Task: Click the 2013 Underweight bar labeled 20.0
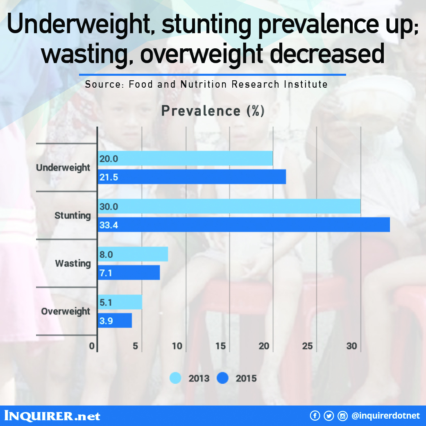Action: [x=185, y=158]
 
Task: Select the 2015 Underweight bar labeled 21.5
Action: [x=192, y=177]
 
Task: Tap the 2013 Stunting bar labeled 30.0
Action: [x=229, y=206]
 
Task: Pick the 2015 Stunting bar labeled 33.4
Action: [x=244, y=225]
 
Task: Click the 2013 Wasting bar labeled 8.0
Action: [x=133, y=254]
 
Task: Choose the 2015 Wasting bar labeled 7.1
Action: [x=129, y=272]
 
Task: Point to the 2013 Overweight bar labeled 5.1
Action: [x=120, y=302]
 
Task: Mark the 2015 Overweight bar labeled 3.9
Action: [x=115, y=321]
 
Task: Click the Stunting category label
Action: [x=73, y=215]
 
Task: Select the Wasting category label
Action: [x=73, y=263]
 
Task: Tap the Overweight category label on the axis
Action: [x=66, y=311]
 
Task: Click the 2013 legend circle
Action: [x=175, y=378]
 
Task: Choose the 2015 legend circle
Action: [x=222, y=378]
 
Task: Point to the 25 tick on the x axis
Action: [x=307, y=346]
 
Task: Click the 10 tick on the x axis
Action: [x=177, y=346]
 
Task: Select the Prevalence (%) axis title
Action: [x=213, y=111]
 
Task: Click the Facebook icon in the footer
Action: [x=315, y=416]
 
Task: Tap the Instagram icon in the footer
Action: [x=342, y=416]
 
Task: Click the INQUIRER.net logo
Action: [x=52, y=416]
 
